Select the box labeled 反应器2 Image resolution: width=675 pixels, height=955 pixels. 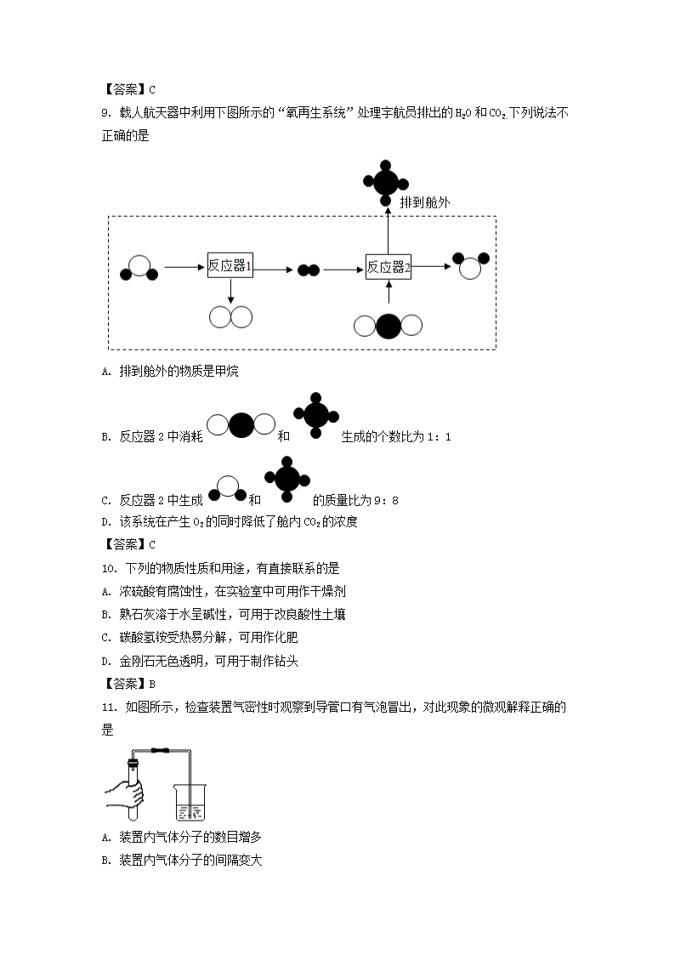[389, 267]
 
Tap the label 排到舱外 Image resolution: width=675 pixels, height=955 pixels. [424, 202]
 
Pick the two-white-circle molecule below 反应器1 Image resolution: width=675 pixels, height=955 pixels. [230, 317]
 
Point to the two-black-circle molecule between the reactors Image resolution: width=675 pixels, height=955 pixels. [308, 270]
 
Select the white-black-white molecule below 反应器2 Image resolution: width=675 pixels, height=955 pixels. [388, 326]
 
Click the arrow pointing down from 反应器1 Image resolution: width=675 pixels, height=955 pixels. [230, 293]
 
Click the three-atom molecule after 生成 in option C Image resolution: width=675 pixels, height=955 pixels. [228, 488]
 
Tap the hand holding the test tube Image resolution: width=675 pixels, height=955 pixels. [128, 797]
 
